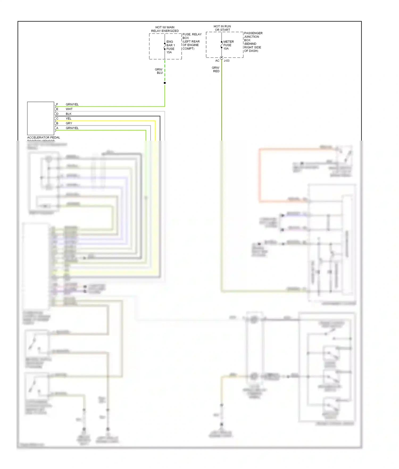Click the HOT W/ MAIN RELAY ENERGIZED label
pos(165,29)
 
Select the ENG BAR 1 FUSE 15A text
pos(170,47)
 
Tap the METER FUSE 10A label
pos(228,45)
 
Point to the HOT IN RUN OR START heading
pos(222,28)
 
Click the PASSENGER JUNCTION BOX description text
pos(253,42)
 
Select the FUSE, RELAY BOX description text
pos(192,41)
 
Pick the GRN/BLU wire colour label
pos(159,71)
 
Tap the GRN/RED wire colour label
pos(216,69)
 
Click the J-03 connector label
pos(227,61)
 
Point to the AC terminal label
pos(217,61)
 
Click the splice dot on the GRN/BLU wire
pos(165,83)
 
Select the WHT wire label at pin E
pos(69,109)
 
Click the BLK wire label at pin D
pos(69,114)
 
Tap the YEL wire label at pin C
pos(69,119)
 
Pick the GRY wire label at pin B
pos(69,123)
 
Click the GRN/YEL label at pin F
pos(72,104)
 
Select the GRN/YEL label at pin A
pos(72,128)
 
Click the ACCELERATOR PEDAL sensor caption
pos(43,138)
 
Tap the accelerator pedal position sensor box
pos(40,118)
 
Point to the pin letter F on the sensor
pos(57,104)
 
